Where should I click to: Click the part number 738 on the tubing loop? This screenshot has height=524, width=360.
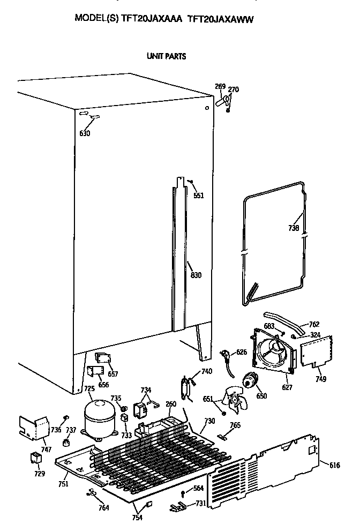point(293,228)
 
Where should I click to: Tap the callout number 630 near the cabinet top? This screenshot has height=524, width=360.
point(85,133)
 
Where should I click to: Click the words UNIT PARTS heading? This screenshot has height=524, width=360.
point(166,56)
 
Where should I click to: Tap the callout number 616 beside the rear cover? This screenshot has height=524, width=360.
point(334,466)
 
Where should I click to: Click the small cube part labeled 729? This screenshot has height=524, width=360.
point(36,459)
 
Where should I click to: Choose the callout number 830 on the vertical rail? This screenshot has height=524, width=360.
point(196,275)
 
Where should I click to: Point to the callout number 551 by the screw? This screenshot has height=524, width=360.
point(198,196)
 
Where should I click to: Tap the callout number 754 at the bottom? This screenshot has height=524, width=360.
point(138,518)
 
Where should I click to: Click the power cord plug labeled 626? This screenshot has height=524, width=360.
point(226,356)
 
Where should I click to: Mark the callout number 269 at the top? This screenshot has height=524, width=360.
point(220,87)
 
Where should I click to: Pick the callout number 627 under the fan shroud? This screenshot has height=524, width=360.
point(287,387)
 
